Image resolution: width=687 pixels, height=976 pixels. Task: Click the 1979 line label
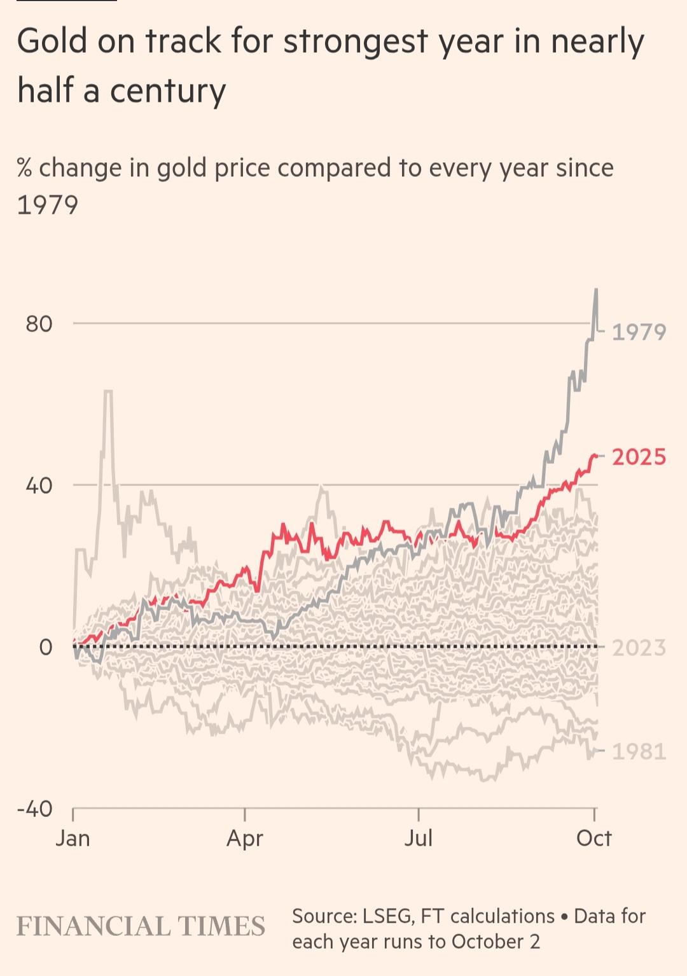click(639, 331)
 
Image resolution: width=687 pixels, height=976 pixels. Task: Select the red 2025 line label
click(639, 457)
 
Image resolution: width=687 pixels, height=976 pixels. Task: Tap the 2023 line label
click(639, 648)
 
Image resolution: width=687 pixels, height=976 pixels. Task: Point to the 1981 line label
click(639, 751)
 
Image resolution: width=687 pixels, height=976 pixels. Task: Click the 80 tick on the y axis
click(39, 324)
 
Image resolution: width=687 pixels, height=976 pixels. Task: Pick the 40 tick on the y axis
click(39, 485)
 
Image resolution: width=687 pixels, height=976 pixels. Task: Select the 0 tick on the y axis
click(46, 647)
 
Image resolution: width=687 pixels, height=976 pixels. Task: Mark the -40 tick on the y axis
click(35, 809)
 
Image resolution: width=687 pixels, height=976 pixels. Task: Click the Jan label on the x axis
click(73, 838)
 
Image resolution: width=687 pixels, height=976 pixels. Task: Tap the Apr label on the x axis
click(245, 839)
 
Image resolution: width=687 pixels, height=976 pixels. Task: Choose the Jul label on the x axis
click(419, 838)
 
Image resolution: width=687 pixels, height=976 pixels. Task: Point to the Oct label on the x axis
click(593, 838)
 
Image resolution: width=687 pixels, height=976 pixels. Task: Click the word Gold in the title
click(52, 41)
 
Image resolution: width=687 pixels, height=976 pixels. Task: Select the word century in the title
click(168, 91)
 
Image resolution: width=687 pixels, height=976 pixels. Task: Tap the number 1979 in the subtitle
click(48, 205)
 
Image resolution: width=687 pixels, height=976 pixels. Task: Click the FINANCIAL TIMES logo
click(141, 926)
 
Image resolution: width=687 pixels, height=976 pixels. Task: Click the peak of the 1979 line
click(596, 289)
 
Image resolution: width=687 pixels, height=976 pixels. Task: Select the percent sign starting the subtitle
click(24, 168)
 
